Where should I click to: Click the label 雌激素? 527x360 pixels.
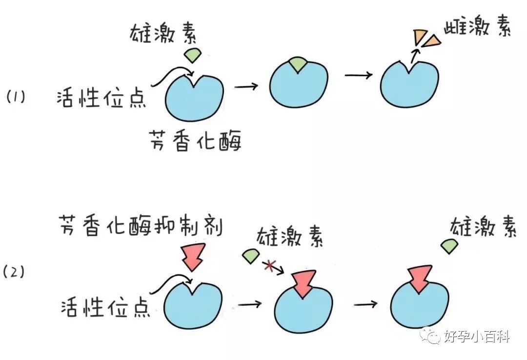(477, 29)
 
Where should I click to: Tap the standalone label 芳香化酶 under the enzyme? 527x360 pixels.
(196, 142)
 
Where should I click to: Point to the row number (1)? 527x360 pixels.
(15, 97)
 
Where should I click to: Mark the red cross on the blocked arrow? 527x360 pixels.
(268, 266)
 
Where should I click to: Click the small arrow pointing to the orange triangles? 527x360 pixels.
(414, 55)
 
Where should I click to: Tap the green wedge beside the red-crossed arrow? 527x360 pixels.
(250, 256)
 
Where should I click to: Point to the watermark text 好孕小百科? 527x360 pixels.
(477, 336)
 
